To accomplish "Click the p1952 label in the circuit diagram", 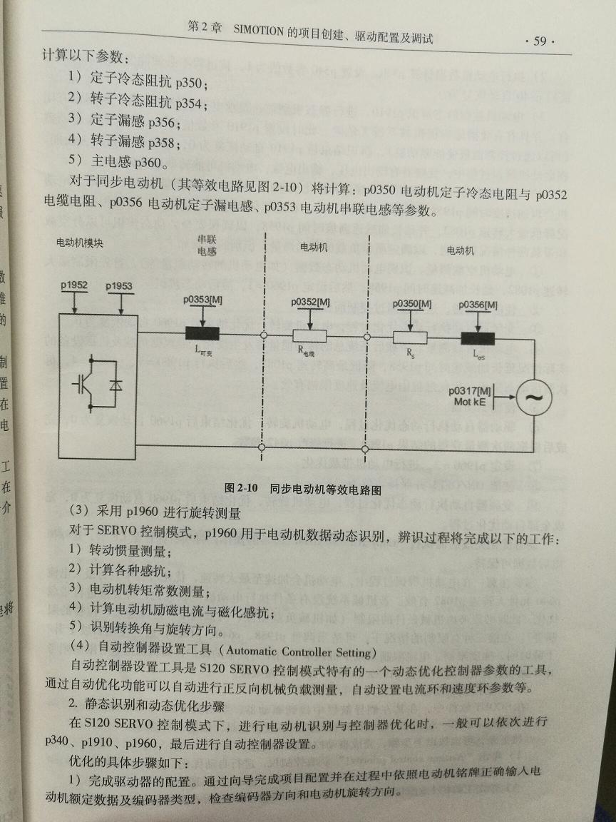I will tap(73, 286).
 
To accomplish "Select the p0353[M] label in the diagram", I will tap(203, 300).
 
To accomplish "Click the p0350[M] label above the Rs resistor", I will tap(413, 304).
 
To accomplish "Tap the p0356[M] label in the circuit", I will tap(478, 305).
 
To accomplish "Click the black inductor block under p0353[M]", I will tap(203, 333).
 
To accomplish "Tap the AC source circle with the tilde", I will tap(529, 397).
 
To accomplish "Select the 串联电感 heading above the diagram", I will tap(207, 245).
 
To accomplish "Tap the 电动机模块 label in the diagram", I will tap(80, 243).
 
